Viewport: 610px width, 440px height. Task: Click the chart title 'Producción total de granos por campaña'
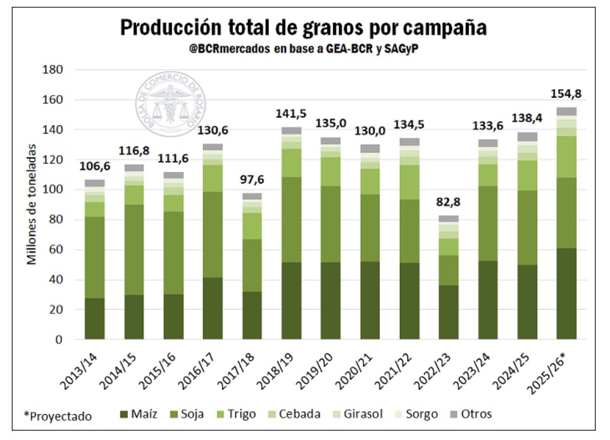point(303,28)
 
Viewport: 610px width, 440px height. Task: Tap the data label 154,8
point(566,94)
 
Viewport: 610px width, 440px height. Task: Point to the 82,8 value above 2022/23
point(449,202)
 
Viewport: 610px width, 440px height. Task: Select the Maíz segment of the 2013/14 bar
point(95,319)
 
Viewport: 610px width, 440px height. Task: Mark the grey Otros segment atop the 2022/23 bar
point(449,219)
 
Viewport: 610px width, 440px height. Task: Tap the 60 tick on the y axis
point(56,250)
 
